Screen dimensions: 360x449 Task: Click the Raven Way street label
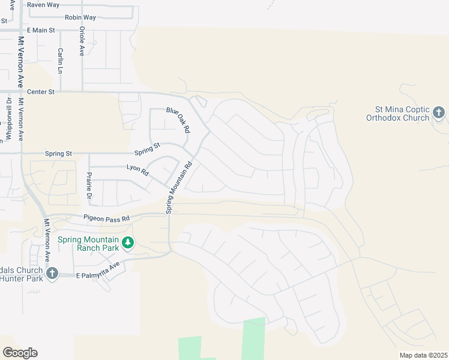43,5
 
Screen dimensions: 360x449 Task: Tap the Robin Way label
80,17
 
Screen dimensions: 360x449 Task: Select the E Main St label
41,30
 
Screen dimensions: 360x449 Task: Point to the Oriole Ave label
82,40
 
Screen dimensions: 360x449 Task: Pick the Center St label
41,92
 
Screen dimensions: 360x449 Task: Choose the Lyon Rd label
137,170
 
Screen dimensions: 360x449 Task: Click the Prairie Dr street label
89,185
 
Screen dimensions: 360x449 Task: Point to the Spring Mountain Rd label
179,187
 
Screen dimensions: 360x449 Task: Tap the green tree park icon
127,243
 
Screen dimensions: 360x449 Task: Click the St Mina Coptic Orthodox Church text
402,113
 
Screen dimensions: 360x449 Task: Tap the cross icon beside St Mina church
439,112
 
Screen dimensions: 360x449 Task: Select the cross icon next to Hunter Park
52,274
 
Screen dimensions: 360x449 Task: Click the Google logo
20,353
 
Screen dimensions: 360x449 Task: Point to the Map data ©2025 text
424,355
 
